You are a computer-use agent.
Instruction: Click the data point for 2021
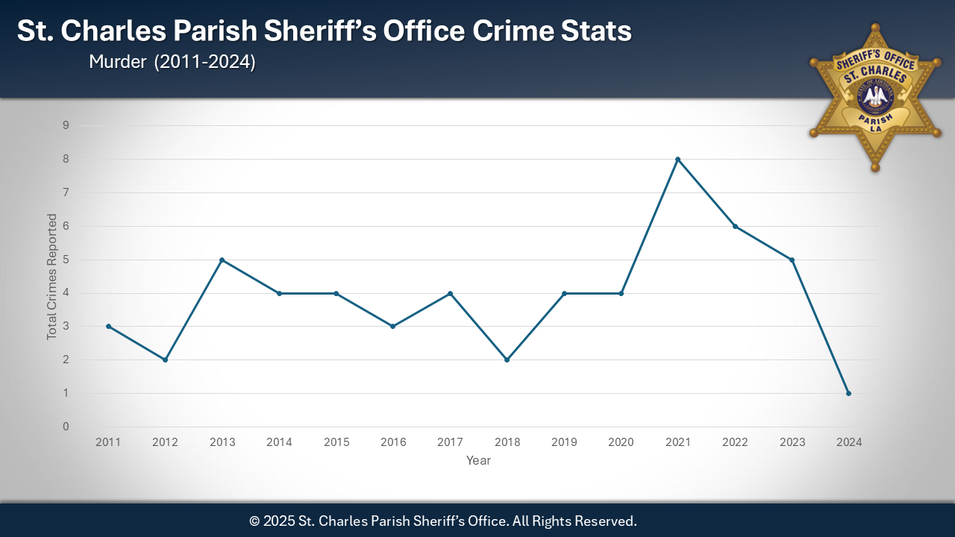point(677,159)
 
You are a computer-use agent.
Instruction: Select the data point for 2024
point(848,393)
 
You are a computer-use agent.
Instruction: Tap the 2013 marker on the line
point(222,260)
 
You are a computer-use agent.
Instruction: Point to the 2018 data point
point(507,359)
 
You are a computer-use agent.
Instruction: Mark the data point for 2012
point(165,359)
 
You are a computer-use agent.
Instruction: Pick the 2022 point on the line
point(735,226)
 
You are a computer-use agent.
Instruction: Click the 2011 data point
point(108,326)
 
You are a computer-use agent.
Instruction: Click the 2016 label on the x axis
point(393,442)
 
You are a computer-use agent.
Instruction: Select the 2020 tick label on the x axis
point(621,442)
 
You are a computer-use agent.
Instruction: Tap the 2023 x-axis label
point(792,442)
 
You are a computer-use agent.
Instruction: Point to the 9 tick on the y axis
point(66,125)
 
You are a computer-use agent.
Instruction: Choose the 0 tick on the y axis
point(66,427)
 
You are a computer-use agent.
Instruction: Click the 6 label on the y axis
point(66,226)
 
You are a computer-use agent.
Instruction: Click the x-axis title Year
point(478,461)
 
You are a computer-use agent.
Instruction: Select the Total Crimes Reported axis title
point(52,277)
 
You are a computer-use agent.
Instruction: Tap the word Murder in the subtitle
point(117,63)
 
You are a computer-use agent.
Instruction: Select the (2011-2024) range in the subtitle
point(205,63)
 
